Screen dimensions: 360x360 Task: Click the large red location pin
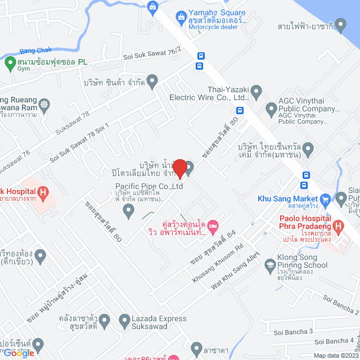[179, 168]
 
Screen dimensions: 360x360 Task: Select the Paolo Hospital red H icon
[337, 227]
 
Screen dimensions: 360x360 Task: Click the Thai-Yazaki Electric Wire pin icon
[256, 90]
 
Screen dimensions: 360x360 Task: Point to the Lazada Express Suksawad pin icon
[125, 322]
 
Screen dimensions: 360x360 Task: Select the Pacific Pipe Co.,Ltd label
[149, 186]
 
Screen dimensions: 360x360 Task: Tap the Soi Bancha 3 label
[291, 331]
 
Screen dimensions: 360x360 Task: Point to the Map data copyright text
[335, 355]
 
